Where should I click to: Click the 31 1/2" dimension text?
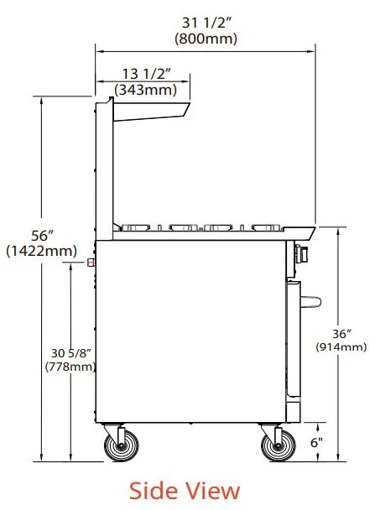[x=206, y=23]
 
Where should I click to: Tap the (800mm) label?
[x=206, y=39]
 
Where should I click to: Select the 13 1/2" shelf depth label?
[x=146, y=74]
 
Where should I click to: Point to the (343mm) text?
[x=145, y=90]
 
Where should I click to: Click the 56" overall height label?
[x=42, y=236]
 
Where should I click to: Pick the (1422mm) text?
[x=42, y=251]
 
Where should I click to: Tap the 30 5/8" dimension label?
[x=71, y=353]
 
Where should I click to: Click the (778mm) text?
[x=70, y=367]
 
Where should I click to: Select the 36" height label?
[x=341, y=334]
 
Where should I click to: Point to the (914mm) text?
[x=341, y=346]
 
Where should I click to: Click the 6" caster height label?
[x=316, y=442]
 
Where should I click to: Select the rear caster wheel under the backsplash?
[x=121, y=445]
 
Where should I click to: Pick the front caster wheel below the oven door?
[x=278, y=445]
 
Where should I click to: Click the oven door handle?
[x=310, y=301]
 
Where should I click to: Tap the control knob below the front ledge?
[x=301, y=253]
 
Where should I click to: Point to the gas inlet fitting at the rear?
[x=91, y=263]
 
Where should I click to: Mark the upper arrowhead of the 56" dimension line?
[x=41, y=100]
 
